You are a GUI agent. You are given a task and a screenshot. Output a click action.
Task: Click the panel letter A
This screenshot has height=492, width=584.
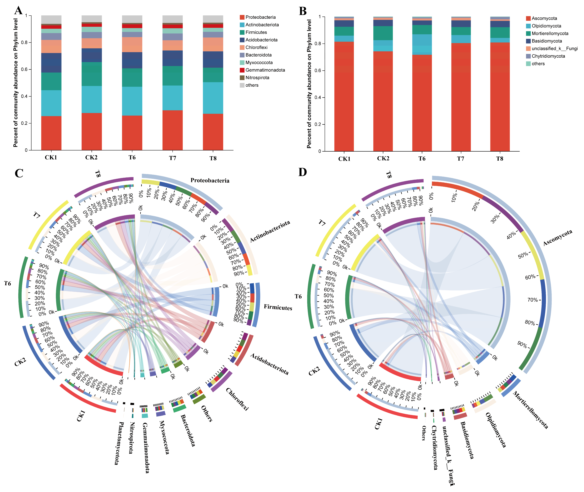tap(18, 11)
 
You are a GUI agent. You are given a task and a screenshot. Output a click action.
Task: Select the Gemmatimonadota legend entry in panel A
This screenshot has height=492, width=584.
tap(265, 70)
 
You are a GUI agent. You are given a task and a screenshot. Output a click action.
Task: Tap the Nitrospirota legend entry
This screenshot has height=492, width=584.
tap(257, 78)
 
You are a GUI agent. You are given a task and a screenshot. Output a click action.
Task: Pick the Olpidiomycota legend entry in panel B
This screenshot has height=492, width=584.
tap(546, 26)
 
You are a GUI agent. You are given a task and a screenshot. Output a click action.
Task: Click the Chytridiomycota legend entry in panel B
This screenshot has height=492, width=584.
tap(548, 56)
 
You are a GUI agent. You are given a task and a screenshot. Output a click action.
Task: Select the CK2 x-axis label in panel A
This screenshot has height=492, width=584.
tap(91, 158)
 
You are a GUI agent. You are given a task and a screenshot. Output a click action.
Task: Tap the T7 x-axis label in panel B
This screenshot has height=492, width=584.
tap(460, 159)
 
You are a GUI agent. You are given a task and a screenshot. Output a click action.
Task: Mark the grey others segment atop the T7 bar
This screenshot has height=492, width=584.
tap(173, 19)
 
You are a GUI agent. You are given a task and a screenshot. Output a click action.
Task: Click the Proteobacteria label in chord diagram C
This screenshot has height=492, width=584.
tap(210, 180)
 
